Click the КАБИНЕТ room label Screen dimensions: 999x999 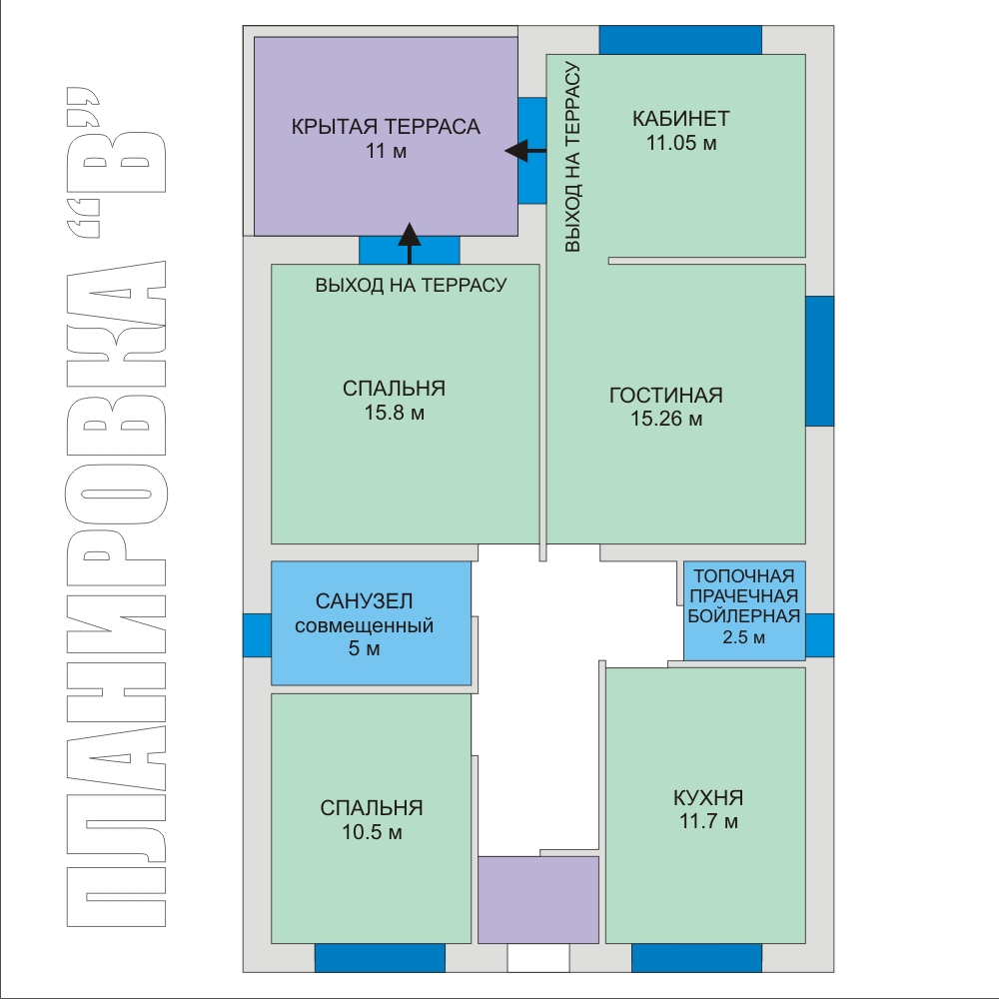click(x=680, y=119)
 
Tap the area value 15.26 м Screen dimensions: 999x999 click(x=666, y=419)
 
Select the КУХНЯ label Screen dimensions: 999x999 click(x=708, y=797)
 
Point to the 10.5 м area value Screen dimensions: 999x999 click(x=372, y=832)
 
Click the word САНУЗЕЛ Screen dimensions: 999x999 click(x=364, y=600)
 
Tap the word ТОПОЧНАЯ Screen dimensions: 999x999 click(x=743, y=576)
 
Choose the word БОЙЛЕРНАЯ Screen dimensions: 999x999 click(x=743, y=616)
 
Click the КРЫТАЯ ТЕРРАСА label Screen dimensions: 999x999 click(x=386, y=126)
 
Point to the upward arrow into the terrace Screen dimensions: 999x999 click(x=409, y=244)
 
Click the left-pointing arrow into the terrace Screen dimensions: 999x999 click(x=525, y=151)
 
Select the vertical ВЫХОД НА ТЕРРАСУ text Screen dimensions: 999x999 click(x=572, y=157)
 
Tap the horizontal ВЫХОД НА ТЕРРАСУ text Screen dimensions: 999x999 click(x=411, y=285)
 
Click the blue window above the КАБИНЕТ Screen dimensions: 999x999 click(x=680, y=40)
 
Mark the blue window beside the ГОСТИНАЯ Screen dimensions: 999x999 click(x=820, y=361)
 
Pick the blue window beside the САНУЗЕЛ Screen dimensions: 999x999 click(x=258, y=635)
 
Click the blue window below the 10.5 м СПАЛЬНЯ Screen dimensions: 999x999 click(x=380, y=958)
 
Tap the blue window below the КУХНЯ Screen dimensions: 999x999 click(x=696, y=958)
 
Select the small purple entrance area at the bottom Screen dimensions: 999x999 click(x=538, y=900)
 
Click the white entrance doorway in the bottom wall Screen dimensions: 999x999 click(x=538, y=958)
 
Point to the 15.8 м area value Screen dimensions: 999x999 click(x=395, y=413)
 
